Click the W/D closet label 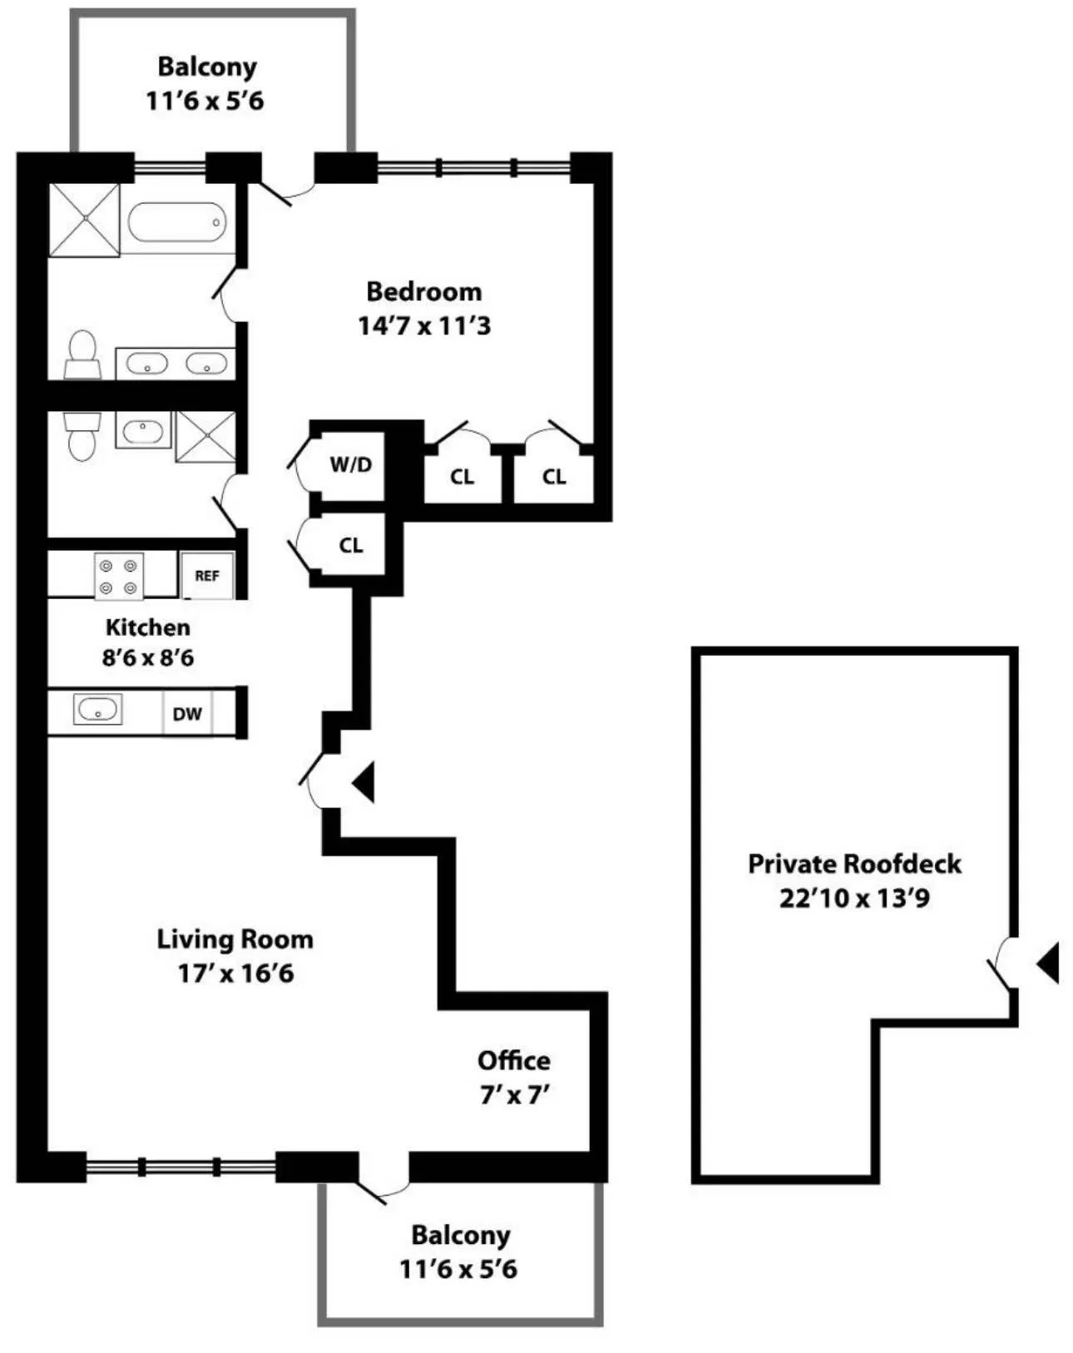click(x=351, y=464)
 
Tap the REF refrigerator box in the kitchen click(x=207, y=575)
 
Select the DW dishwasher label click(x=187, y=713)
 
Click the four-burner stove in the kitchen click(x=118, y=576)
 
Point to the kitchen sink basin click(x=98, y=710)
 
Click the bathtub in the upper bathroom click(x=177, y=222)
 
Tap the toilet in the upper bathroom click(x=82, y=355)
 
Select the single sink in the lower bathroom click(x=143, y=430)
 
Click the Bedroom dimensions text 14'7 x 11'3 click(x=424, y=325)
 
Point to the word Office click(x=513, y=1060)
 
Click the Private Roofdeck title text click(x=854, y=864)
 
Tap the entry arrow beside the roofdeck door click(x=1048, y=963)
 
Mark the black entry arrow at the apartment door click(x=363, y=782)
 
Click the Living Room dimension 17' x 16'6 click(x=235, y=973)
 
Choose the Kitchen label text click(x=147, y=627)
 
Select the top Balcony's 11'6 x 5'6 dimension click(x=205, y=101)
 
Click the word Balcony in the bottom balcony click(x=460, y=1235)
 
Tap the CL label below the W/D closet click(x=351, y=545)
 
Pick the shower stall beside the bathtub click(x=84, y=220)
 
